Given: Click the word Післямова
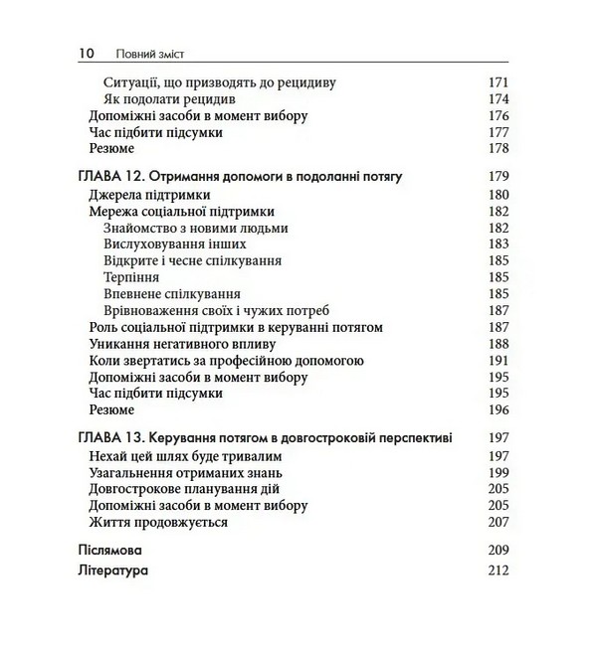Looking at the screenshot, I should point(109,550).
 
